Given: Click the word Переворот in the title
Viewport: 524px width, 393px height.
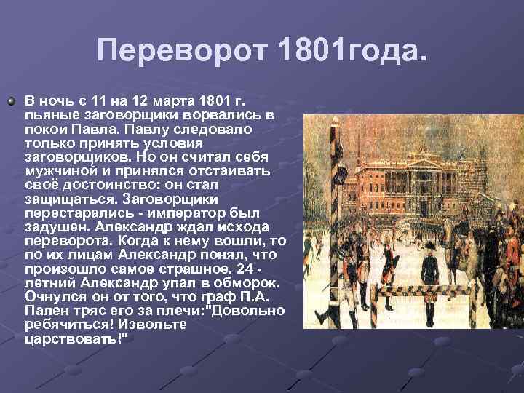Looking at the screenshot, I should (182, 51).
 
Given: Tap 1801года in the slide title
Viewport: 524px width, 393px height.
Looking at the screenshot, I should (352, 51).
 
